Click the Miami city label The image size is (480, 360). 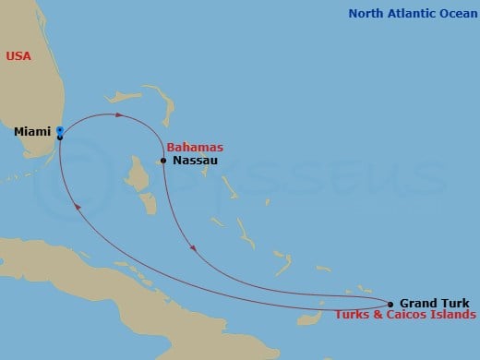pyautogui.click(x=32, y=132)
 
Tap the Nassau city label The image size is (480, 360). pyautogui.click(x=191, y=161)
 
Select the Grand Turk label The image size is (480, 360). pyautogui.click(x=434, y=303)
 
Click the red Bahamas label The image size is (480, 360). pyautogui.click(x=195, y=148)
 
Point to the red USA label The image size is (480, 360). pyautogui.click(x=18, y=56)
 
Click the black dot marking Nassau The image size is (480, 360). pyautogui.click(x=163, y=161)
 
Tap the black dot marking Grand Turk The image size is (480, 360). pyautogui.click(x=390, y=304)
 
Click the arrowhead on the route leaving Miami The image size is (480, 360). pyautogui.click(x=119, y=115)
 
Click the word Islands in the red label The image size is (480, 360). pyautogui.click(x=450, y=316)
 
